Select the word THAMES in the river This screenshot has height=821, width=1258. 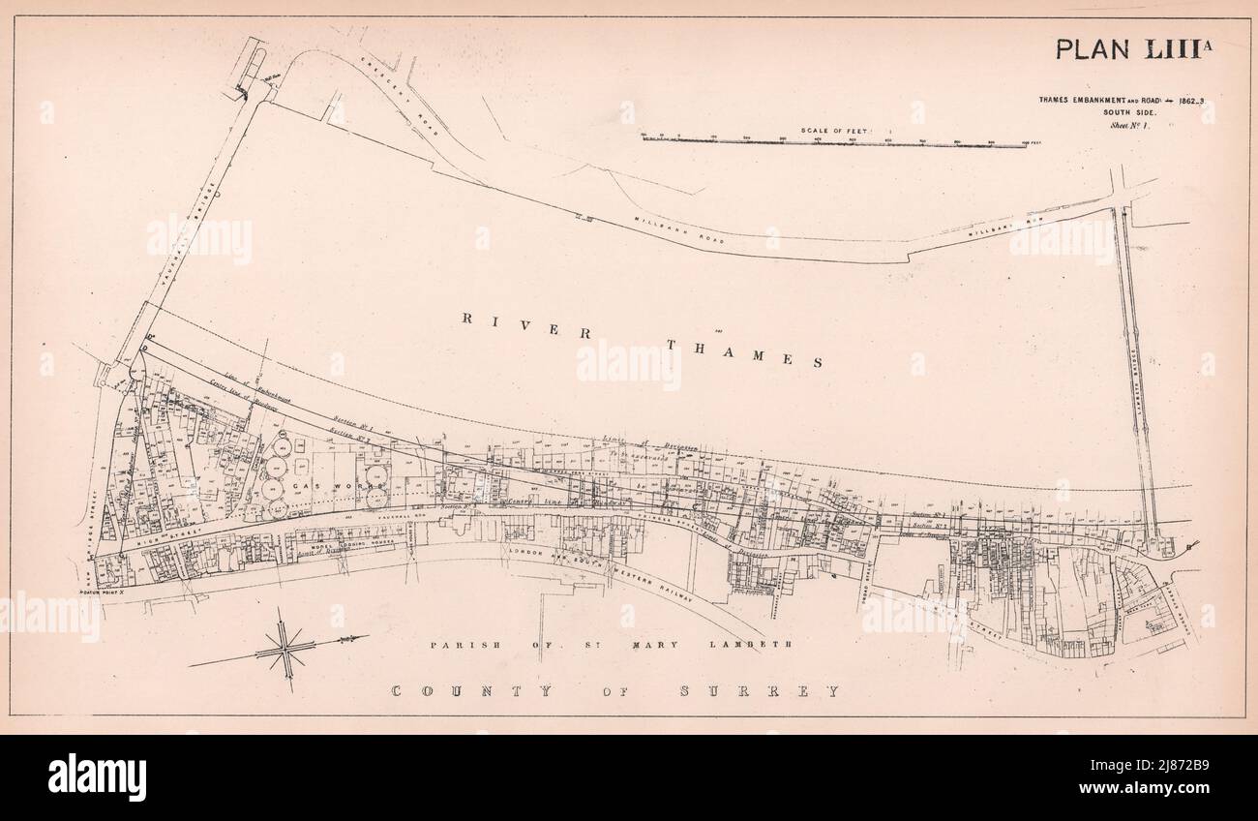click(745, 352)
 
